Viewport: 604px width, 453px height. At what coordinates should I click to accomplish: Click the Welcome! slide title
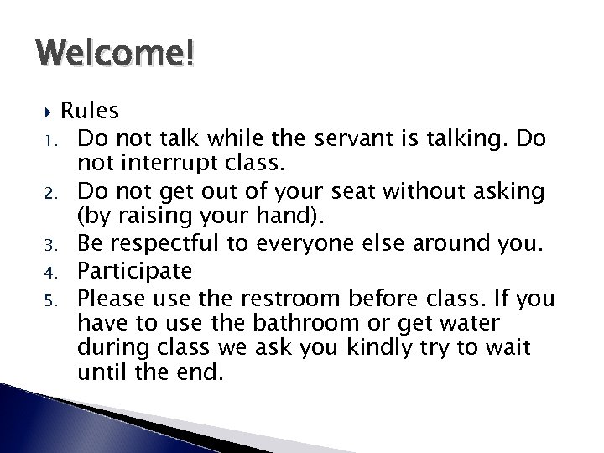(116, 55)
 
